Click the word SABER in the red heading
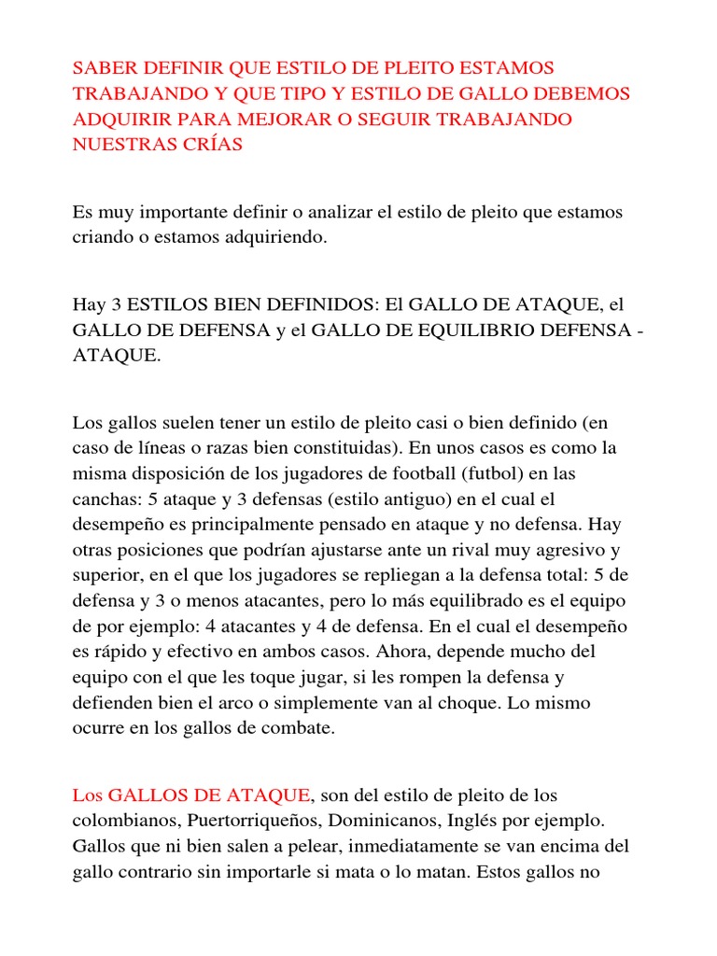click(x=103, y=68)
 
